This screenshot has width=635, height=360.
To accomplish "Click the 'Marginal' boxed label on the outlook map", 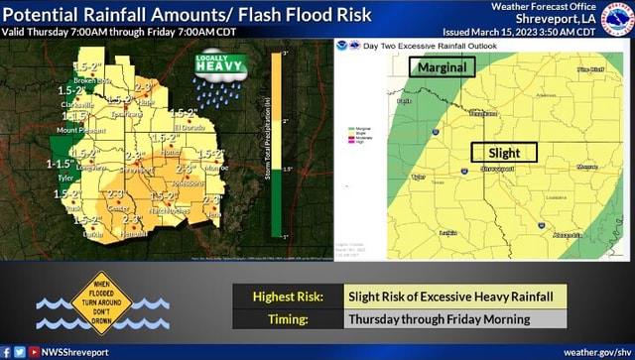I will coord(443,66).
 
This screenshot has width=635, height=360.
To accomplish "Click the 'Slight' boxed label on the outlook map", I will coord(503,153).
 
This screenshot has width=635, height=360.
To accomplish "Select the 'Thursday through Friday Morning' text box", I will coord(455,318).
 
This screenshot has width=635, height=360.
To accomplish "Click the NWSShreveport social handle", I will coord(75,352).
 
